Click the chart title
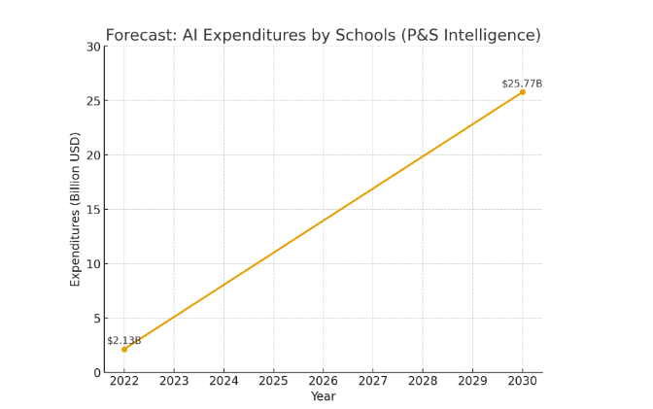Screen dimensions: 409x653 (323, 36)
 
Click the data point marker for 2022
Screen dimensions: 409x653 (124, 349)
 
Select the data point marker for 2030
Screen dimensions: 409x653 (523, 92)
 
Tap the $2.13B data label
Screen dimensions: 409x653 (124, 341)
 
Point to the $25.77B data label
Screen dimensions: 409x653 (522, 84)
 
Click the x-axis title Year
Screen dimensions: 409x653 (323, 396)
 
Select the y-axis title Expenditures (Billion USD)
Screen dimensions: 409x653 (76, 209)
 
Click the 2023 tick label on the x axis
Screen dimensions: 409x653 (174, 382)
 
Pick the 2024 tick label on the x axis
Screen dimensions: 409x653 (223, 382)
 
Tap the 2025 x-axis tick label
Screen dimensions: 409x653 (273, 382)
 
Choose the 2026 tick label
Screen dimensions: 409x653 (323, 382)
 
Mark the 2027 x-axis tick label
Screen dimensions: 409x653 (373, 382)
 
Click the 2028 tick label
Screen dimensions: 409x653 (423, 382)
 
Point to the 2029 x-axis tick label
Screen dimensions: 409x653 (472, 382)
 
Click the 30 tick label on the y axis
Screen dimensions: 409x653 (93, 47)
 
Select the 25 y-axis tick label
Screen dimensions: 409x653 (93, 101)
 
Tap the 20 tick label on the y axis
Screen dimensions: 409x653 (93, 155)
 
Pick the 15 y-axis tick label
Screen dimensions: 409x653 (93, 210)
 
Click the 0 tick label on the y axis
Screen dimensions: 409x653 (97, 372)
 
